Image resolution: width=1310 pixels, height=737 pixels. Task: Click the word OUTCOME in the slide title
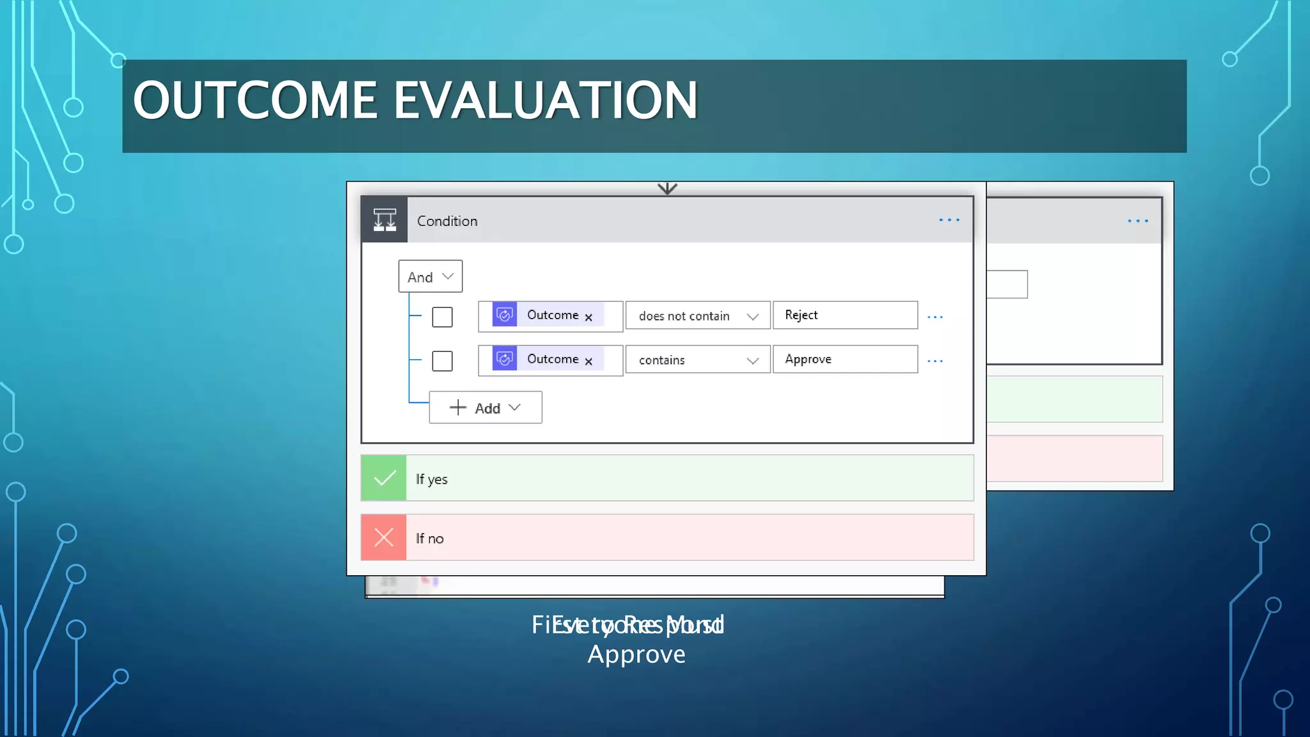[x=255, y=100]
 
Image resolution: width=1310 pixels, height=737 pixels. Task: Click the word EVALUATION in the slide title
[x=545, y=100]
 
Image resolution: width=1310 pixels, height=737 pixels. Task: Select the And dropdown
[x=430, y=276]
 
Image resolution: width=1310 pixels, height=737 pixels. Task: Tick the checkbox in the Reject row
[x=442, y=317]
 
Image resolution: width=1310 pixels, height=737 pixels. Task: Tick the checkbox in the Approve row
[x=442, y=361]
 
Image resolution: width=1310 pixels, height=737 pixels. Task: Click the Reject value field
[x=844, y=315]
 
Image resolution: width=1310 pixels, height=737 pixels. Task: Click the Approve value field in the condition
[x=844, y=360]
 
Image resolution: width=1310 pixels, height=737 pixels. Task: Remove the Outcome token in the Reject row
[x=588, y=317]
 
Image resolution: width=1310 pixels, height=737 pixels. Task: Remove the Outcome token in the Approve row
[x=588, y=361]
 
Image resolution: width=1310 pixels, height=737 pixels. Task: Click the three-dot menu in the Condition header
[x=949, y=220]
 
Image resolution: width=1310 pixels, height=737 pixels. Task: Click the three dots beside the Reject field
[x=935, y=317]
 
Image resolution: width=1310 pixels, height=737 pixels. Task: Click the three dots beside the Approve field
[x=935, y=361]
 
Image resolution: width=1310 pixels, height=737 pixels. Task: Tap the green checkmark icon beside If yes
[x=384, y=478]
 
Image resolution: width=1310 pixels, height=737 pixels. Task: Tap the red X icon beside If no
[x=384, y=537]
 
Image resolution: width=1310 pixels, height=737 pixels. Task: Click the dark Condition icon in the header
[x=384, y=220]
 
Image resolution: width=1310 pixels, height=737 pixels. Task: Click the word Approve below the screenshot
[x=636, y=654]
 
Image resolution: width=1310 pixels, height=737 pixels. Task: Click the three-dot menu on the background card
[x=1138, y=221]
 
